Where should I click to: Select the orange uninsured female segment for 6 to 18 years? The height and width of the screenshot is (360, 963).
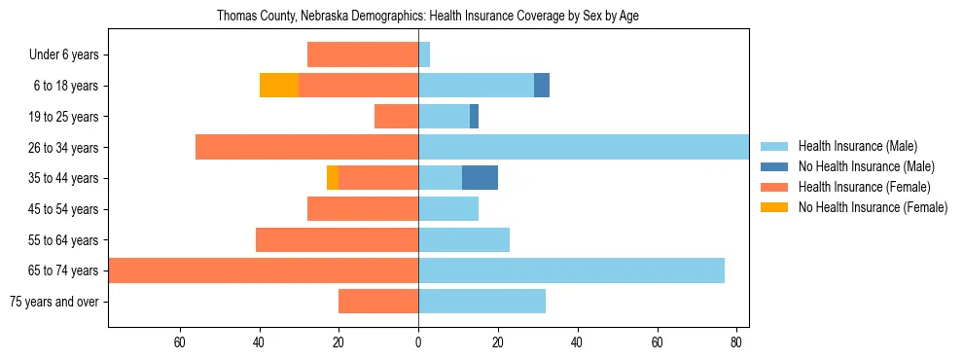pyautogui.click(x=279, y=86)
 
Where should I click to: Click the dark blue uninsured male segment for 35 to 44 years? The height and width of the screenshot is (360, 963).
pyautogui.click(x=480, y=178)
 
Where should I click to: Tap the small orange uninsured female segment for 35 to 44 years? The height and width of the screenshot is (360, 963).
pyautogui.click(x=333, y=178)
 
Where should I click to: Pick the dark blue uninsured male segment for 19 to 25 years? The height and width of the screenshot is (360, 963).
pyautogui.click(x=474, y=117)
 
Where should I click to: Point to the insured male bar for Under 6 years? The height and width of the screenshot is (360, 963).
pyautogui.click(x=424, y=54)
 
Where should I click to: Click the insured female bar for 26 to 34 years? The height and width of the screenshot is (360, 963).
pyautogui.click(x=306, y=147)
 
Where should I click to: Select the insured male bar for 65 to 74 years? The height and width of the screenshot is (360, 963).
pyautogui.click(x=571, y=270)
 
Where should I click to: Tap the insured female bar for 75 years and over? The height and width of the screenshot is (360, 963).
pyautogui.click(x=378, y=302)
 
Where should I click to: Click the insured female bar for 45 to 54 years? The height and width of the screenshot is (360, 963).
pyautogui.click(x=363, y=209)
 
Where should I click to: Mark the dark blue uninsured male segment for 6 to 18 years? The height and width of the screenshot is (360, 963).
pyautogui.click(x=542, y=86)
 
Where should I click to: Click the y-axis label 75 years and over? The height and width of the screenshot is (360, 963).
pyautogui.click(x=54, y=302)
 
